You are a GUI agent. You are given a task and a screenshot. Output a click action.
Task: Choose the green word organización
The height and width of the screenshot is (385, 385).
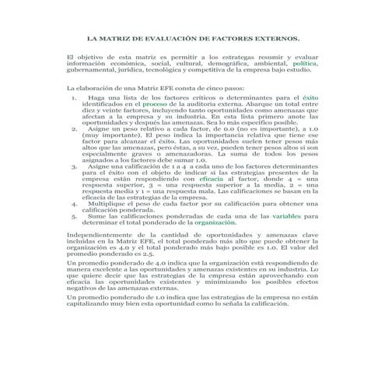[215, 222]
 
